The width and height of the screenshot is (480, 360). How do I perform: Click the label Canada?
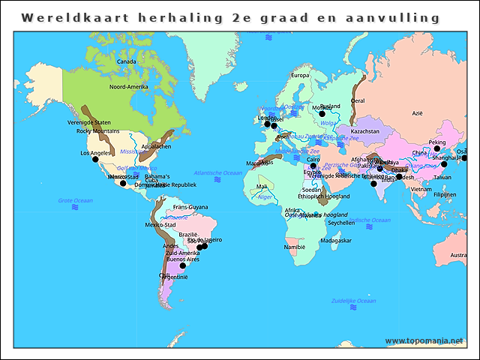pos(126,61)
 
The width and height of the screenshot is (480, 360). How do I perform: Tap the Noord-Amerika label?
pos(129,87)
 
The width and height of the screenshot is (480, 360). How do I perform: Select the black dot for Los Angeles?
pos(95,159)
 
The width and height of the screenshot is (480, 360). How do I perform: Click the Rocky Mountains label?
pos(98,131)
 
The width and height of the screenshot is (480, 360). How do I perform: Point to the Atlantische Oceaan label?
pos(217,172)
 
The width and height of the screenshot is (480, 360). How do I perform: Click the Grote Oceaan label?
pos(76,200)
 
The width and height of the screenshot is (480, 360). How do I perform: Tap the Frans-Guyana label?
pos(190,207)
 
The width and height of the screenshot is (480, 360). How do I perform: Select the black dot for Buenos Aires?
pos(182,265)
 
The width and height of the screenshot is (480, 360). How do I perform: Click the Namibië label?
pos(295,246)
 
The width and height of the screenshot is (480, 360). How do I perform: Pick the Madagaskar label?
pos(335,241)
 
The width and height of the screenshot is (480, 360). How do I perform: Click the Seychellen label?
pos(340,223)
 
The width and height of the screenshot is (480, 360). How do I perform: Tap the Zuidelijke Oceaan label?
pos(353,301)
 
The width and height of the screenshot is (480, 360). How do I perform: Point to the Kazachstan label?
pos(365,131)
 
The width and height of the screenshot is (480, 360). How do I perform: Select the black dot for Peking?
pos(437,148)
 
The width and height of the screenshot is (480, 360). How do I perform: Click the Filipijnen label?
pos(445,194)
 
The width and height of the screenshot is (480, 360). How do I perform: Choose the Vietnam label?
pos(421,190)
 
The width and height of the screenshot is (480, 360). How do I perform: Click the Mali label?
pos(261,187)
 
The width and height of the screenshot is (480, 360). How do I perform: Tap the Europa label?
pos(300,75)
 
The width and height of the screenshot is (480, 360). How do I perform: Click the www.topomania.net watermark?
pos(424,340)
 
